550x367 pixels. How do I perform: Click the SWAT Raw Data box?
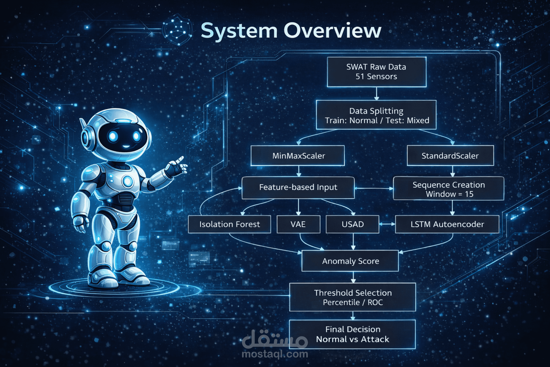(377, 72)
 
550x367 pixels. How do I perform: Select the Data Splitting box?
(376, 115)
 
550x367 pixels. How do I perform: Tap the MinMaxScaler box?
(298, 156)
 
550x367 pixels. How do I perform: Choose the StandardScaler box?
(450, 156)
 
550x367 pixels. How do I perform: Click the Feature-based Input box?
(298, 188)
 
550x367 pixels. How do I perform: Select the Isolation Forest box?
(229, 224)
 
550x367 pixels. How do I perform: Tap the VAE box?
(298, 224)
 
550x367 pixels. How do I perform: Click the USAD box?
(353, 224)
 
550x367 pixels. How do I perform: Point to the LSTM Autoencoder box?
(447, 224)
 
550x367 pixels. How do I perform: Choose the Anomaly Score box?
(350, 261)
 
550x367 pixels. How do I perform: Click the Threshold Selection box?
(353, 297)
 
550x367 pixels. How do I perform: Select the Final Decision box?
(352, 334)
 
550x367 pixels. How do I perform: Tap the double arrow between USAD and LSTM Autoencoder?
(387, 224)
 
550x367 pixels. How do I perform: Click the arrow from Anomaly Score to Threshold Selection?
(353, 277)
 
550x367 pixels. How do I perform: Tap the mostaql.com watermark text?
(275, 354)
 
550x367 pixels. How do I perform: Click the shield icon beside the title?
(178, 30)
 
